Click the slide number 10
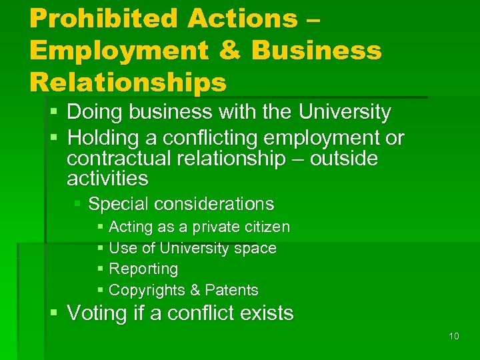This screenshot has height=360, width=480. point(454,336)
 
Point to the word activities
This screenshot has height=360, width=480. point(107,179)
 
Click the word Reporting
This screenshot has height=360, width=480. point(143,269)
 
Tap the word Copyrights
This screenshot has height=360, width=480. point(147,290)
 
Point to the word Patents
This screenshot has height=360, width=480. point(231,290)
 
